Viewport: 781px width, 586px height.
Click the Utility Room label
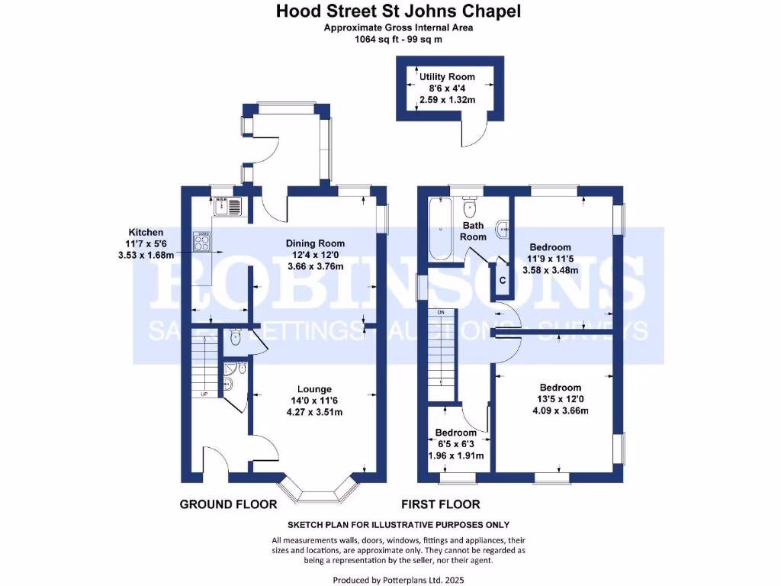tap(447, 77)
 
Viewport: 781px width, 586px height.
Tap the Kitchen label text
tap(146, 232)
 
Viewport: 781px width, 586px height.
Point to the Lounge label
tap(314, 390)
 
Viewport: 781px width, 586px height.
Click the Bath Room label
tap(474, 231)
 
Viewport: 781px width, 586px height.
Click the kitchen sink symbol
tap(227, 205)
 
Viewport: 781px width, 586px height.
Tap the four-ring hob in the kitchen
tap(203, 243)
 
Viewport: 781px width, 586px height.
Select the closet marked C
tap(502, 280)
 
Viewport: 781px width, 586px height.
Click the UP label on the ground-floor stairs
tap(204, 394)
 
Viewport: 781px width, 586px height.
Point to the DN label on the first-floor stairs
tap(441, 313)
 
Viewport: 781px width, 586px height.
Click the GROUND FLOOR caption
tap(218, 504)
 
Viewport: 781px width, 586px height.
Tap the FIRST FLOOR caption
tap(441, 504)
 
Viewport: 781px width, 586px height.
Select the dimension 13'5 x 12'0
tap(561, 399)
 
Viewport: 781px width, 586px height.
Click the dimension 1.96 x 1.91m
tap(455, 456)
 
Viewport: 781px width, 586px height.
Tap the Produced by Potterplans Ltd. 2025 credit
tap(398, 580)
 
